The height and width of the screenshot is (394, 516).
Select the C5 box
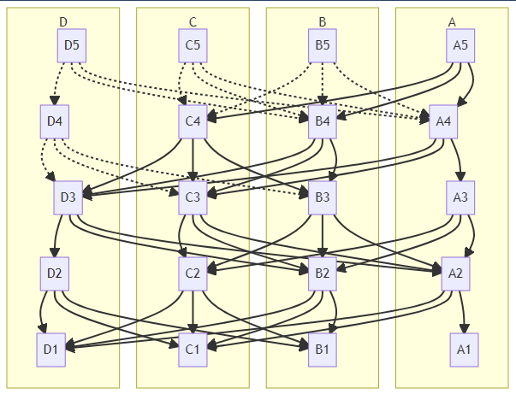[x=193, y=45]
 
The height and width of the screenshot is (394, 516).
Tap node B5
[x=323, y=45]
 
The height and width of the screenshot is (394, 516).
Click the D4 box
[x=55, y=121]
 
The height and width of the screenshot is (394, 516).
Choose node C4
[x=193, y=121]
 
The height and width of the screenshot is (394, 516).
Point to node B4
[x=323, y=121]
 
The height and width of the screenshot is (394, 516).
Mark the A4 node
[x=443, y=121]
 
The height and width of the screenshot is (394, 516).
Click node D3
[x=68, y=197]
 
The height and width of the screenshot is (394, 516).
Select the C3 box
[x=193, y=197]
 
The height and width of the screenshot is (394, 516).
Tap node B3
[x=323, y=197]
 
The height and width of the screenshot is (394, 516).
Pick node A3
[x=460, y=197]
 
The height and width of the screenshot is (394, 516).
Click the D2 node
[x=55, y=273]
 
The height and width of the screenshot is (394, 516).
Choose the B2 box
[x=323, y=273]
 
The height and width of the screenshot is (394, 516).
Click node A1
[x=465, y=350]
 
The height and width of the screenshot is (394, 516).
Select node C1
[x=193, y=350]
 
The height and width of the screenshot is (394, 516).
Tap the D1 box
[x=51, y=350]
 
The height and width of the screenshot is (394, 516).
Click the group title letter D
[x=63, y=21]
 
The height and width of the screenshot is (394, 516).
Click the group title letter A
[x=452, y=21]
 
